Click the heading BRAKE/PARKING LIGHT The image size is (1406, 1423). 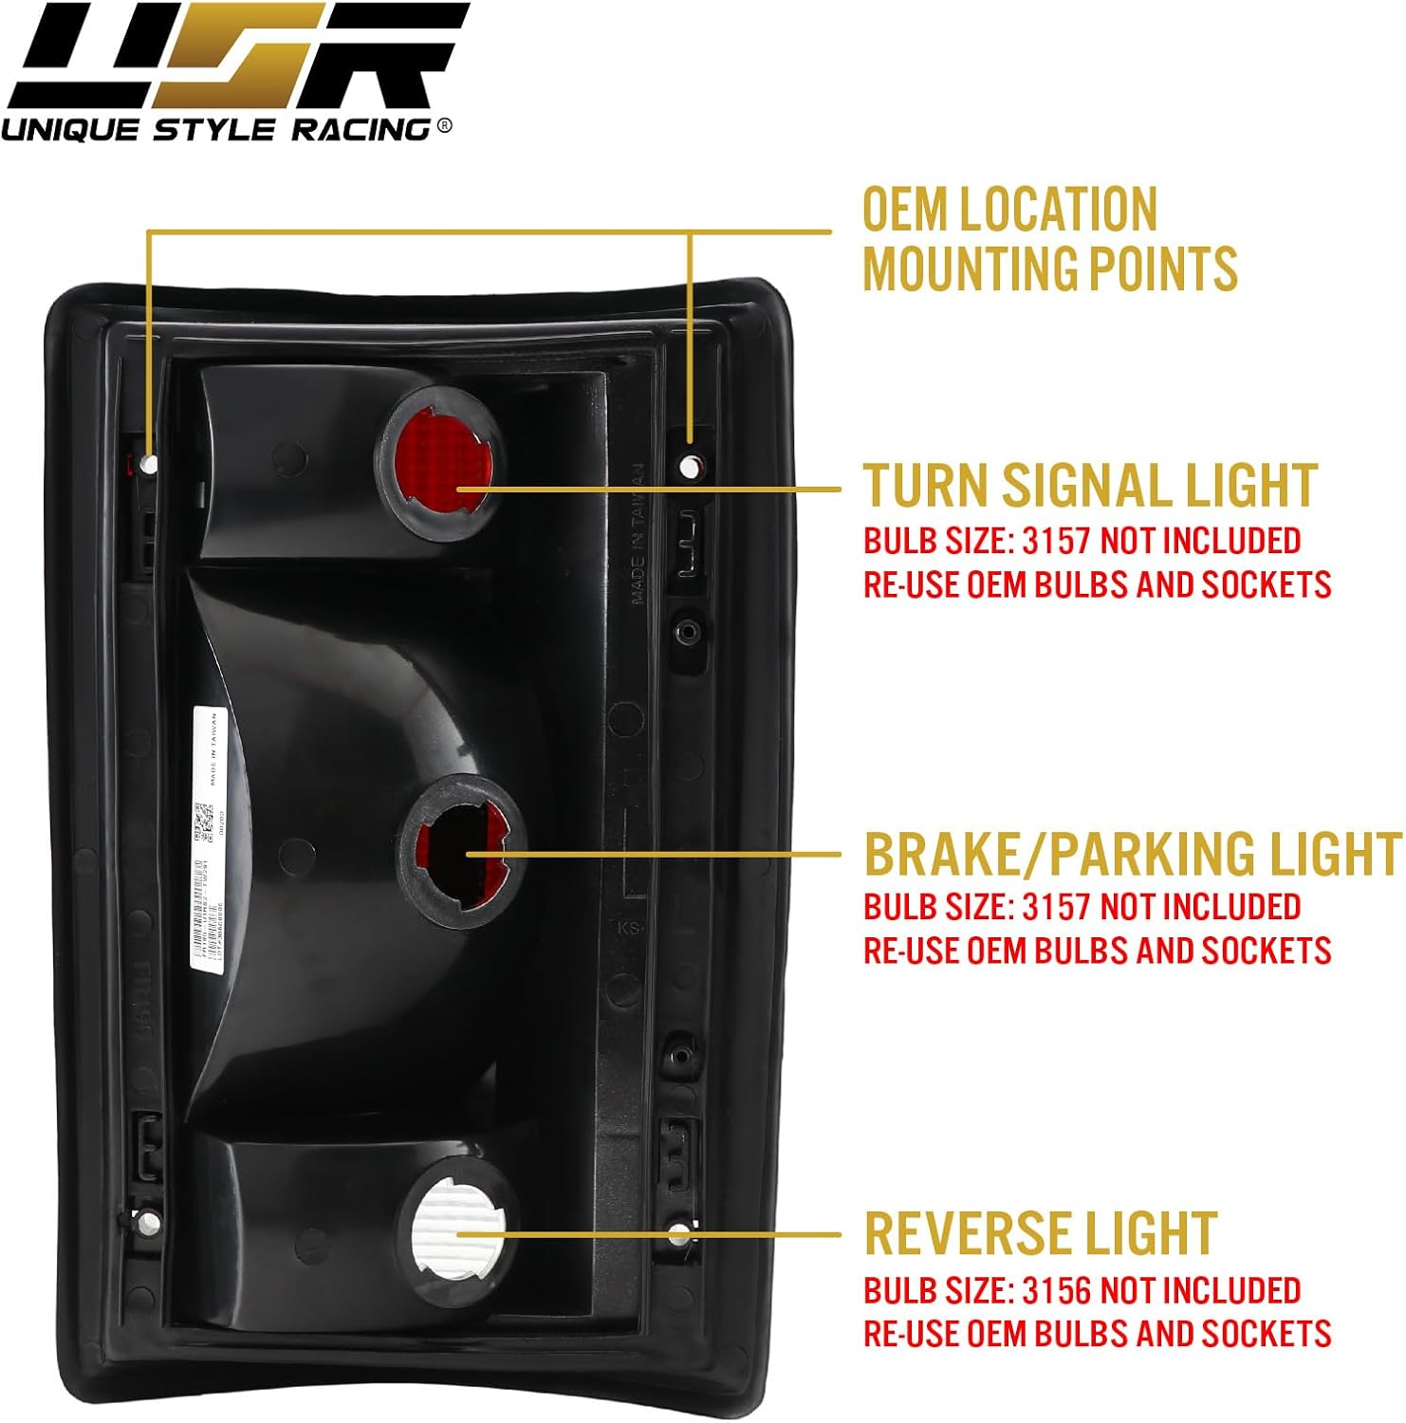click(1132, 853)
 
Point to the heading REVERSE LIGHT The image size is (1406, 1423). click(1040, 1233)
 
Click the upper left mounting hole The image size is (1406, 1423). click(149, 464)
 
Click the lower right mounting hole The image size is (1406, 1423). click(679, 1234)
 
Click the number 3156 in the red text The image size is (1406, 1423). click(1057, 1290)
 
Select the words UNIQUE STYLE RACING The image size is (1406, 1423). click(218, 128)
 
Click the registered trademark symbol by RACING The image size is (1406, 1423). click(444, 127)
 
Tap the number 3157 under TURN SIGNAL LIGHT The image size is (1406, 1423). click(1057, 541)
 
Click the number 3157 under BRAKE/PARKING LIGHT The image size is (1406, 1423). click(1057, 907)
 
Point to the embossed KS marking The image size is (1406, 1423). click(628, 927)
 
